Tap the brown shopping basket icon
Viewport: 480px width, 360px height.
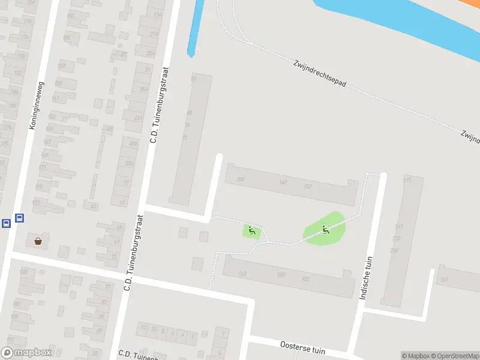pos(38,241)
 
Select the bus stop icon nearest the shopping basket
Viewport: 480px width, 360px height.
pos(19,218)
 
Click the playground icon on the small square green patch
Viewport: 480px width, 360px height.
pos(252,229)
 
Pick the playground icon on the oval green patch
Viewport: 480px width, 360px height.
pos(325,229)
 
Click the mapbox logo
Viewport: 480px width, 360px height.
pos(26,353)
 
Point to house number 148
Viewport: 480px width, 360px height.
pos(283,182)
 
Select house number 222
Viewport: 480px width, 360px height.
pos(305,279)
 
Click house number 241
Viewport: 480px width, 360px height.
pos(398,227)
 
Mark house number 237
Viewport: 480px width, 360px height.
pos(394,251)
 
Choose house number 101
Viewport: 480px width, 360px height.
pos(445,280)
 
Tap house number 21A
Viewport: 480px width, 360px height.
pos(154,34)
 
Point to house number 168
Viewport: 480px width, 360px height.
pos(242,274)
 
